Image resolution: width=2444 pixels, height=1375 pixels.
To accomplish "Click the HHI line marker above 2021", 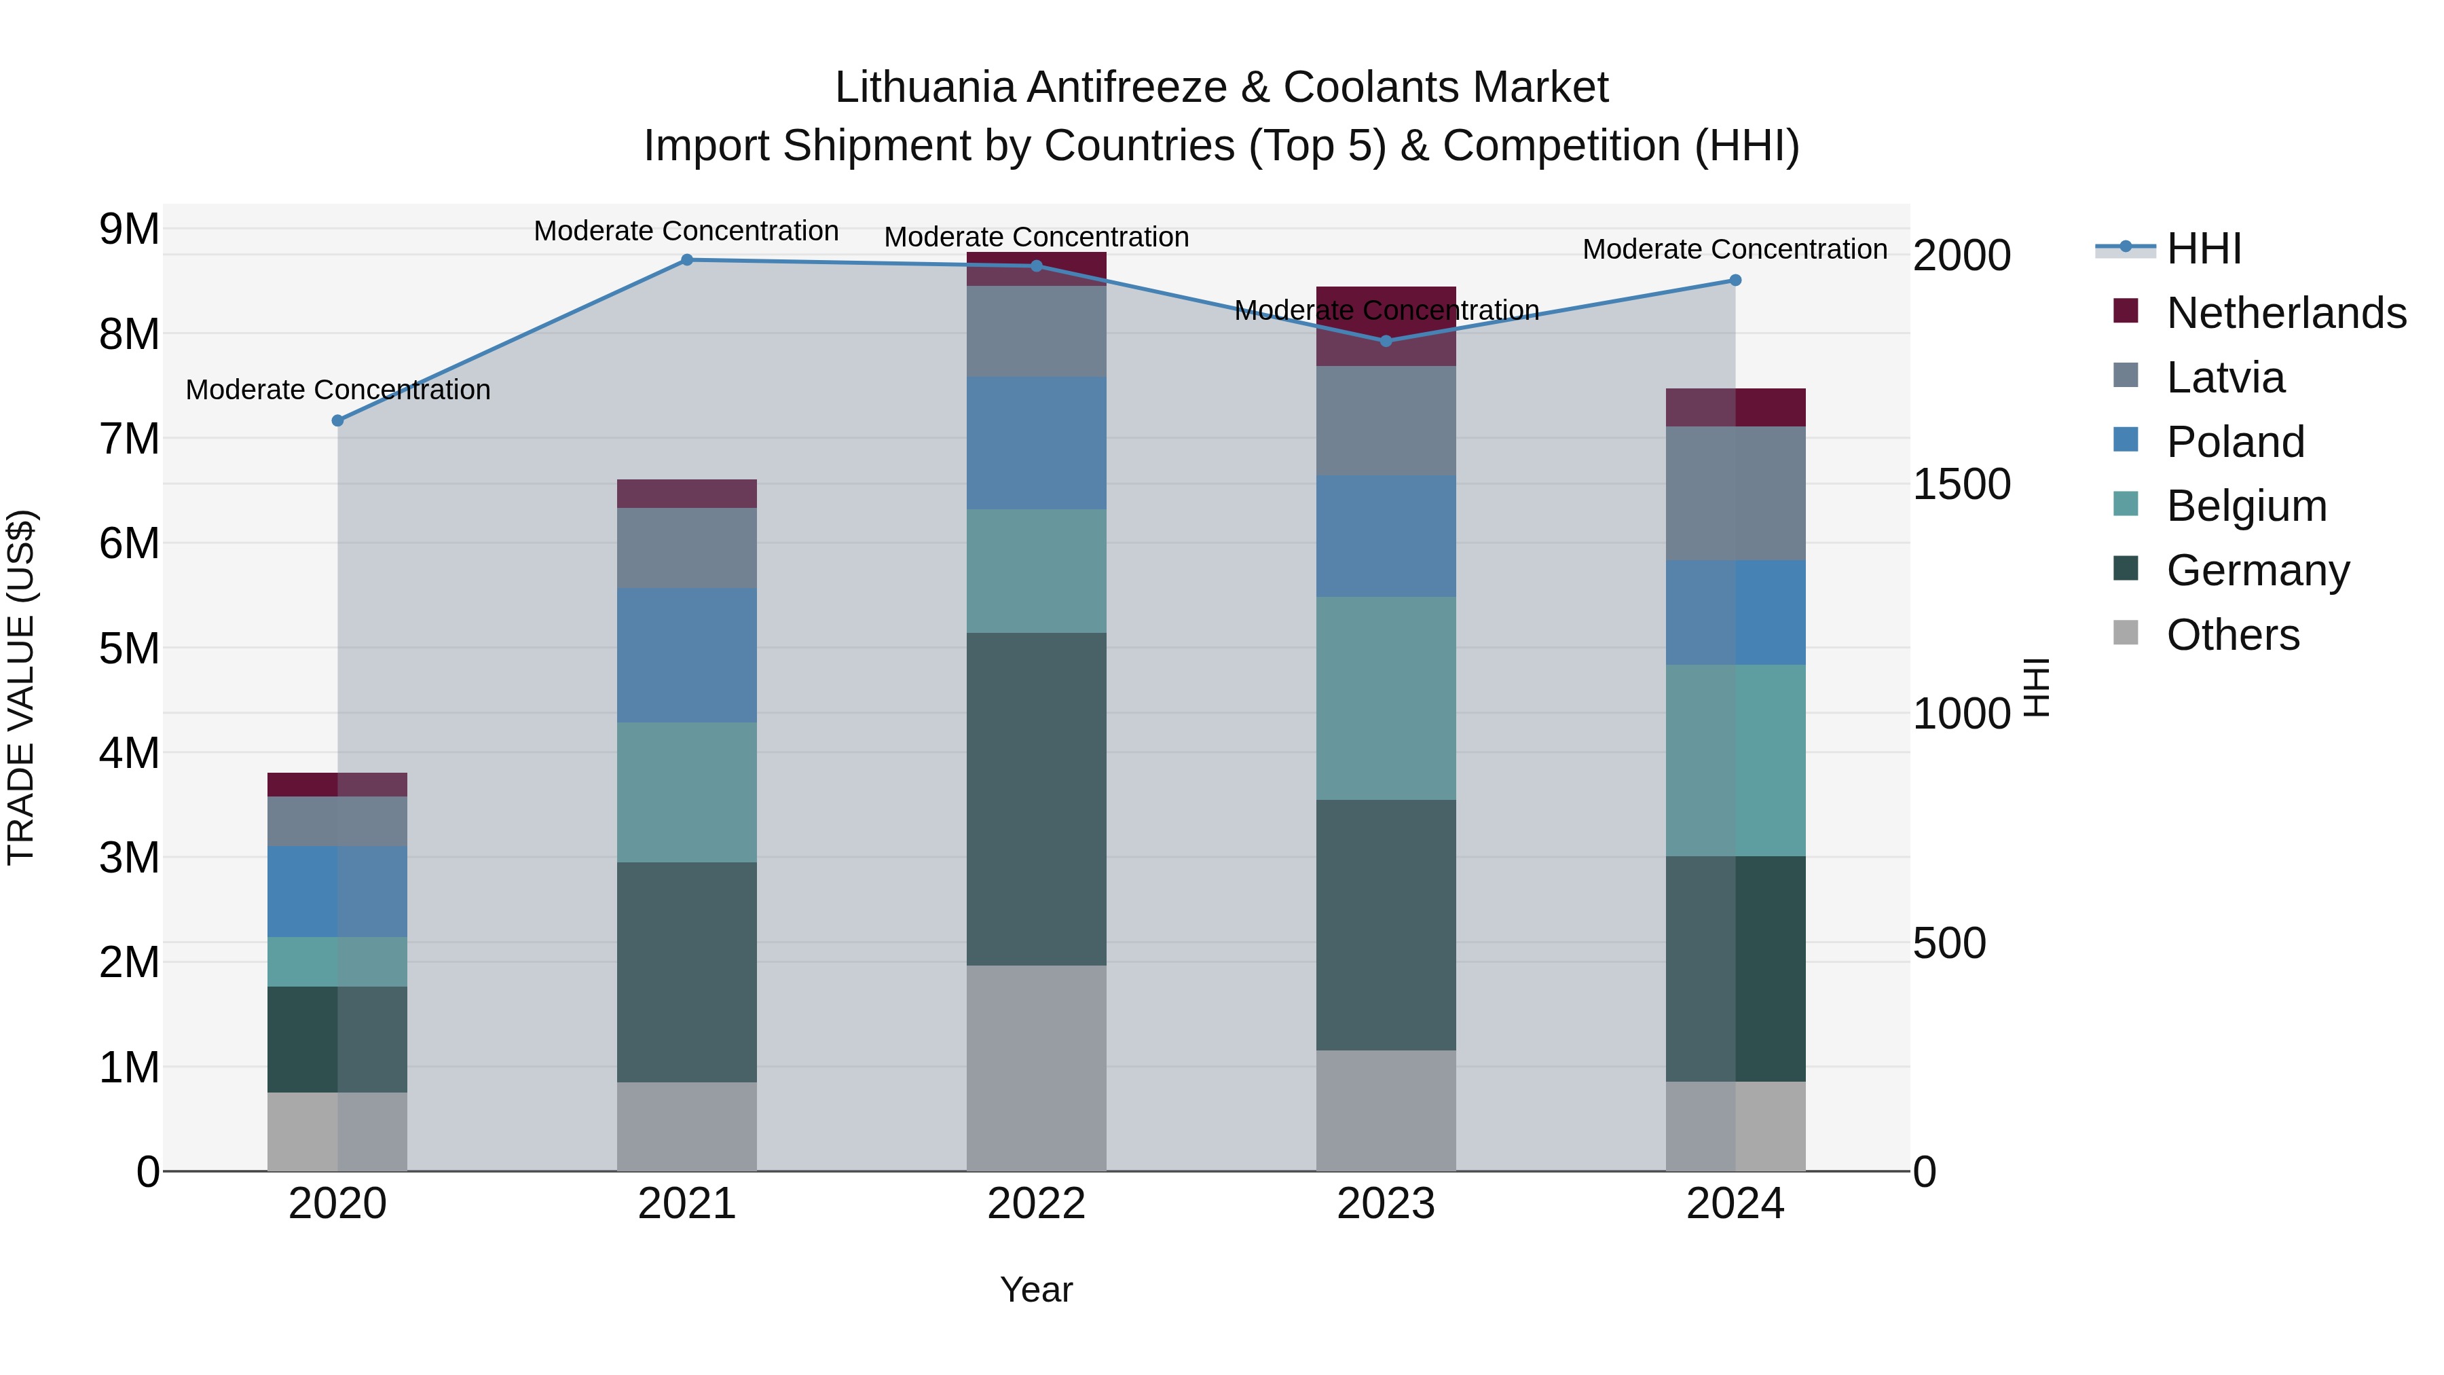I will click(x=687, y=260).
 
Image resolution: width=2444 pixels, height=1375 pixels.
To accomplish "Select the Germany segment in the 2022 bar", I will click(x=1036, y=799).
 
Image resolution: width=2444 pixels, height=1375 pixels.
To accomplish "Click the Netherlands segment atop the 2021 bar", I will click(x=687, y=494).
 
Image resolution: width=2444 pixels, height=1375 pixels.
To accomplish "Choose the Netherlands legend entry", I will click(x=2286, y=313).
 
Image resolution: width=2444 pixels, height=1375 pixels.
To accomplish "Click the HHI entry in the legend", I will click(x=2203, y=249).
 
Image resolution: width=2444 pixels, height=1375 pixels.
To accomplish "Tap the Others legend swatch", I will click(x=2126, y=633).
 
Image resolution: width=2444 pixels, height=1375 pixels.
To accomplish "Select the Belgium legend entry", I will click(x=2246, y=506).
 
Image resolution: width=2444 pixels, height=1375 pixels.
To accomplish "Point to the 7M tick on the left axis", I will click(x=129, y=439).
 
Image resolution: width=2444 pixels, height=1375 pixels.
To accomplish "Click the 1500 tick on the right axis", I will click(x=1961, y=484).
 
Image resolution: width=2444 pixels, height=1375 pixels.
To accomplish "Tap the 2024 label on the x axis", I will click(x=1735, y=1204).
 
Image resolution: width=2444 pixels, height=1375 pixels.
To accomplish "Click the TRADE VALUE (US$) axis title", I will click(x=21, y=687).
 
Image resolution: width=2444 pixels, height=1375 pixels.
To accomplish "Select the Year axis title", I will click(x=1036, y=1289).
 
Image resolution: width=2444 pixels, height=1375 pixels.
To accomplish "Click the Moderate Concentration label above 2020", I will click(x=338, y=390).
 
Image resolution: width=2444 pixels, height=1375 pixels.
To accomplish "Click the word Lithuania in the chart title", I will click(x=925, y=88).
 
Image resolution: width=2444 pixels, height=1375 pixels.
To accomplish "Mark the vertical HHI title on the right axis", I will click(x=2036, y=687).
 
